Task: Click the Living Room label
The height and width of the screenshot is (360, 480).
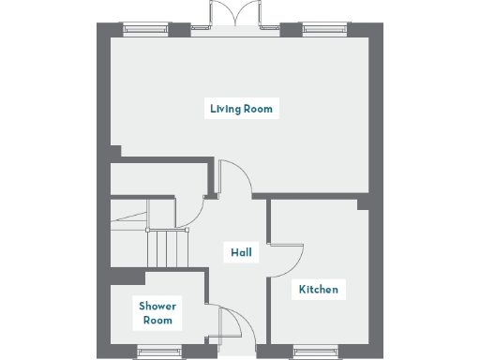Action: tap(241, 109)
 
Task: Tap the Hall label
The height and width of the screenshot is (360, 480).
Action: tap(241, 252)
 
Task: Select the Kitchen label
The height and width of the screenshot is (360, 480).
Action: tap(318, 289)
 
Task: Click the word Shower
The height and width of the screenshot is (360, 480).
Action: tap(157, 306)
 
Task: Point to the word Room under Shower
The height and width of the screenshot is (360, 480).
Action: tap(157, 321)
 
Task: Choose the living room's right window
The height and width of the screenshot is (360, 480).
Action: tap(324, 29)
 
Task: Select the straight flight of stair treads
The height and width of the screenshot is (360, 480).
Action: tap(169, 248)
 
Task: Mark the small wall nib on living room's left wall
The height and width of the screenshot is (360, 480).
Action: tap(115, 151)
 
